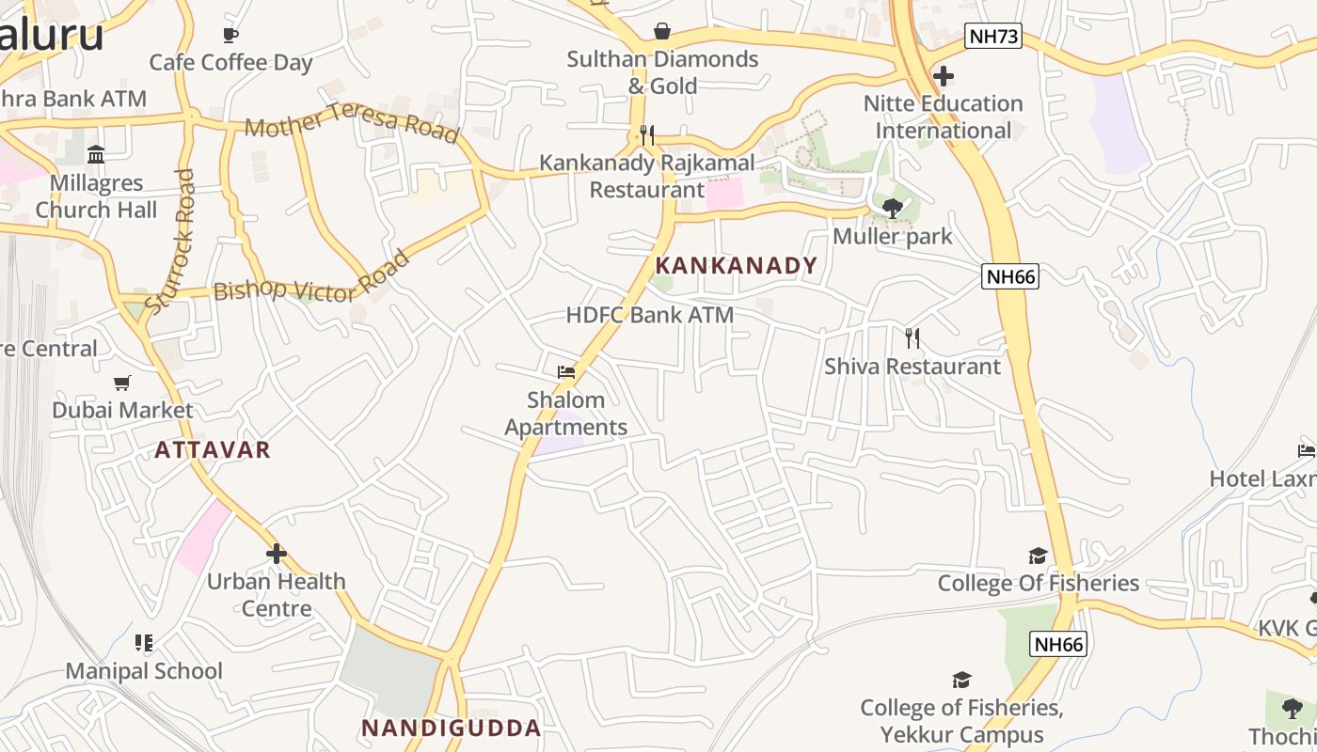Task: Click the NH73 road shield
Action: (992, 37)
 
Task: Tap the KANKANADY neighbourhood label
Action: (737, 266)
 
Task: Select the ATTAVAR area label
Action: (213, 450)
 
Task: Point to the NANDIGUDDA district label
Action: (452, 728)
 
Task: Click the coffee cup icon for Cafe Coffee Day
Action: (230, 36)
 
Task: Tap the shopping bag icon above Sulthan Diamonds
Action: (662, 31)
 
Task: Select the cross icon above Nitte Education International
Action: (944, 76)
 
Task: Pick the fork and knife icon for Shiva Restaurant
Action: (912, 338)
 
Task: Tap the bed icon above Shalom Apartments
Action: (565, 372)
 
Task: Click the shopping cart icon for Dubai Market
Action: (122, 383)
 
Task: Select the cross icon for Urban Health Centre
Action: (276, 554)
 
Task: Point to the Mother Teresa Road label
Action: (352, 123)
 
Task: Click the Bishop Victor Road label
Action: (311, 277)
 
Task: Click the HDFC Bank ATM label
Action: (649, 315)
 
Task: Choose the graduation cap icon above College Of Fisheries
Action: (1038, 556)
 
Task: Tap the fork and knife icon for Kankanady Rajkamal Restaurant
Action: (646, 135)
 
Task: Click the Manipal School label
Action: (144, 671)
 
